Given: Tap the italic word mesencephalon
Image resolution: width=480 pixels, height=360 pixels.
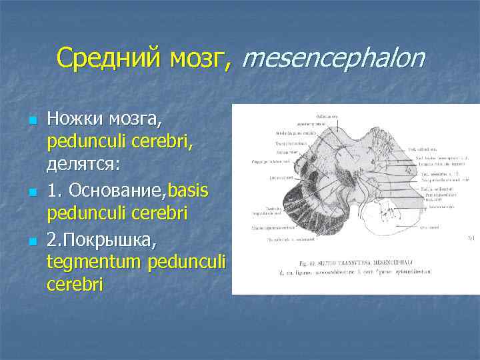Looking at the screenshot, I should coord(333,59).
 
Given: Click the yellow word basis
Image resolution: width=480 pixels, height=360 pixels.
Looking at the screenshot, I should coord(189,191).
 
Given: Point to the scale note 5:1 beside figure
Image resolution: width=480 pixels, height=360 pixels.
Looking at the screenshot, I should coord(469,236).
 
